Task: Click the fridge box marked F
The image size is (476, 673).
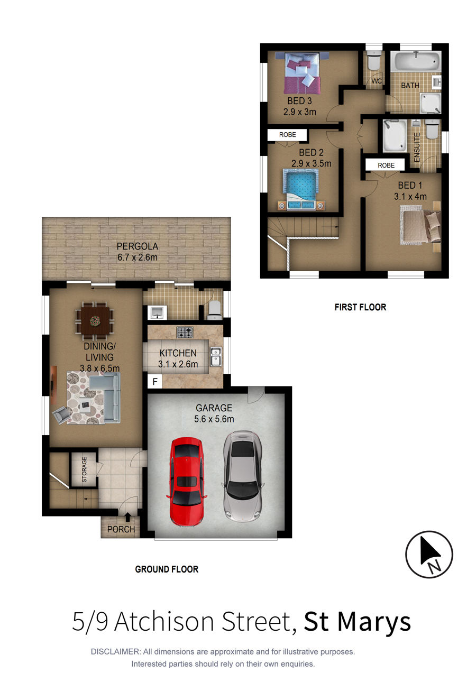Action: (x=155, y=382)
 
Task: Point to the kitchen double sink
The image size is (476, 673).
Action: (x=215, y=357)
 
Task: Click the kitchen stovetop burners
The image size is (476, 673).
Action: (x=185, y=333)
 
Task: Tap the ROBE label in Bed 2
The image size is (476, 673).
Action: (x=287, y=135)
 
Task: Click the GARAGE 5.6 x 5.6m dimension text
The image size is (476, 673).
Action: (x=214, y=419)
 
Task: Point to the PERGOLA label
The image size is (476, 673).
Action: (x=138, y=246)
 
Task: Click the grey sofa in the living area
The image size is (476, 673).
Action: (x=107, y=397)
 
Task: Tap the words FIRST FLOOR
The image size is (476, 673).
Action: (x=360, y=307)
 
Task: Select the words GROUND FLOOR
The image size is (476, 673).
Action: (x=167, y=569)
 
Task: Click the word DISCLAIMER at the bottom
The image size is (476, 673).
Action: (x=116, y=652)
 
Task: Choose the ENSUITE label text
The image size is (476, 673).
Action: (x=417, y=147)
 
